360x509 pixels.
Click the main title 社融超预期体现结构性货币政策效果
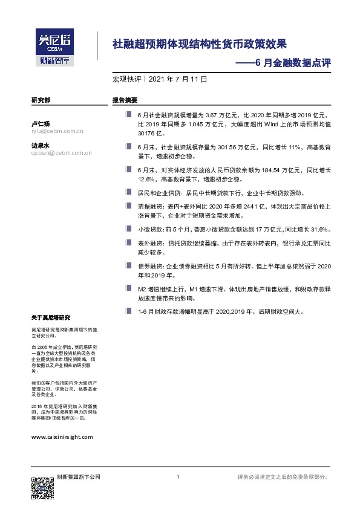click(x=199, y=44)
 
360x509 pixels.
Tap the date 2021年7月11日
click(x=177, y=79)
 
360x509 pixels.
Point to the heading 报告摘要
click(x=125, y=100)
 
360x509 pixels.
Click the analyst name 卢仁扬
click(x=40, y=123)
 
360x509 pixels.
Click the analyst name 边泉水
click(x=40, y=146)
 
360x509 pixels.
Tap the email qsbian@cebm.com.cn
click(x=61, y=153)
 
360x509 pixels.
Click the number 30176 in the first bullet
click(x=147, y=133)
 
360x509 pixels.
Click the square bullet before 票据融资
click(x=128, y=205)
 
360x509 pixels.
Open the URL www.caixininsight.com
click(x=61, y=436)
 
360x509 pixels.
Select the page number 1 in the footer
click(x=177, y=477)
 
